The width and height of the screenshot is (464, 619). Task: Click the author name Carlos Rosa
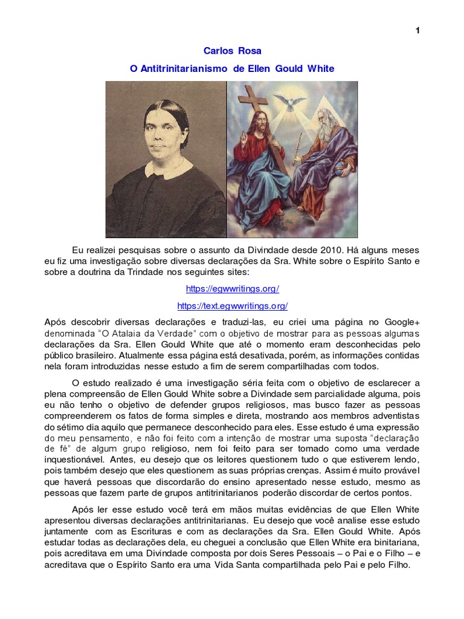click(x=233, y=51)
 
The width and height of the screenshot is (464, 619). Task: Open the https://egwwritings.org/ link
click(x=233, y=289)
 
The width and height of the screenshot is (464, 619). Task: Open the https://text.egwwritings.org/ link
click(x=233, y=306)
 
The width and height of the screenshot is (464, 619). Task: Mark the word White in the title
click(x=321, y=69)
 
